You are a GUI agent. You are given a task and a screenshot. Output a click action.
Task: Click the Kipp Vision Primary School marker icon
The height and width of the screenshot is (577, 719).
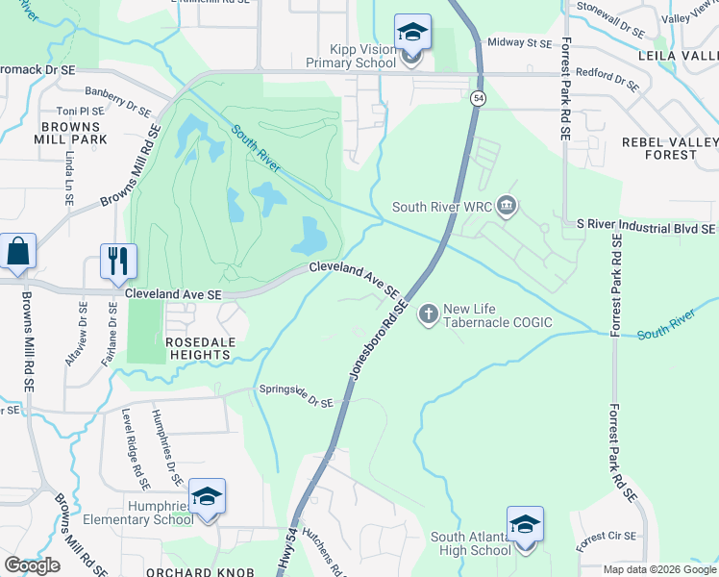(x=412, y=34)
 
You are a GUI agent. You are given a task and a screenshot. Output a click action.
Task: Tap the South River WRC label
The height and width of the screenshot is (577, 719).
(x=443, y=206)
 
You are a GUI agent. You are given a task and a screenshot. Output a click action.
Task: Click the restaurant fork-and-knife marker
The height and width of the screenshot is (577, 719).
(x=119, y=261)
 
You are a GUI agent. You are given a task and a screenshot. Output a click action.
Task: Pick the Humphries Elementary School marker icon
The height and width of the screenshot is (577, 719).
(x=207, y=497)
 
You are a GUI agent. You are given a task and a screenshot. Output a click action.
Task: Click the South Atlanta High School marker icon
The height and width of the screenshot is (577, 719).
(x=525, y=525)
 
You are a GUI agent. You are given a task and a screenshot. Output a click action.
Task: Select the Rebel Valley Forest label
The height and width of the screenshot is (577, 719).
(x=670, y=148)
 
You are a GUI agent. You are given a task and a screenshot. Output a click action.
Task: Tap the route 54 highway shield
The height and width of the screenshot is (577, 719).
(x=477, y=98)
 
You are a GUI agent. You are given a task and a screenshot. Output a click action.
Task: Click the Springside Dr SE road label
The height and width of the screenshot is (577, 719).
(x=296, y=395)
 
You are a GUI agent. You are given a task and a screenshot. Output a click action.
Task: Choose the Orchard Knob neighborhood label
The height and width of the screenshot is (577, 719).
(x=199, y=571)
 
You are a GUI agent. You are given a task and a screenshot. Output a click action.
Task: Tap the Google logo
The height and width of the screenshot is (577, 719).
(x=32, y=564)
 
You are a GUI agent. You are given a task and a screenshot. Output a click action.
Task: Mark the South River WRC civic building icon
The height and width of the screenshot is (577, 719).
(x=508, y=206)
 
